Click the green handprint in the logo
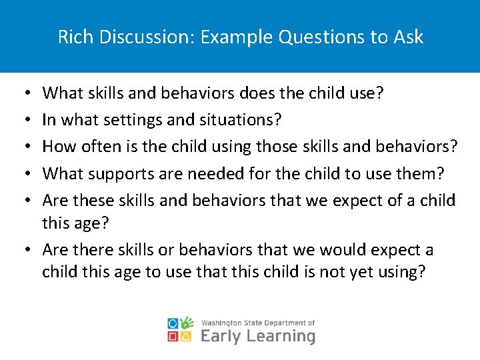[188, 323]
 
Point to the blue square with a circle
[173, 323]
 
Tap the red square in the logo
[173, 336]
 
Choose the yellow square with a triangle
[188, 336]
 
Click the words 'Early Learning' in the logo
[257, 335]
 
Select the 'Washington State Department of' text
[257, 323]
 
